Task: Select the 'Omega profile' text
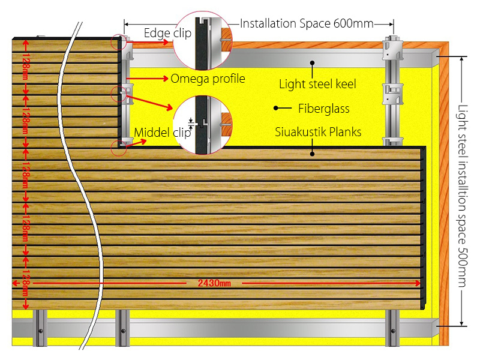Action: pos(208,79)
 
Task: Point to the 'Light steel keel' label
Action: pos(317,84)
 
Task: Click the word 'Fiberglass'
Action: pos(323,109)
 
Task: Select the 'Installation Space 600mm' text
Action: pos(307,23)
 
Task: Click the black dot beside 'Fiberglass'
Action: pos(275,109)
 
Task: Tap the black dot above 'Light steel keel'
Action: pos(312,62)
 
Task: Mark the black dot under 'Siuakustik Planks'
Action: pos(312,154)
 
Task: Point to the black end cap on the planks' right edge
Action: pos(424,228)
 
